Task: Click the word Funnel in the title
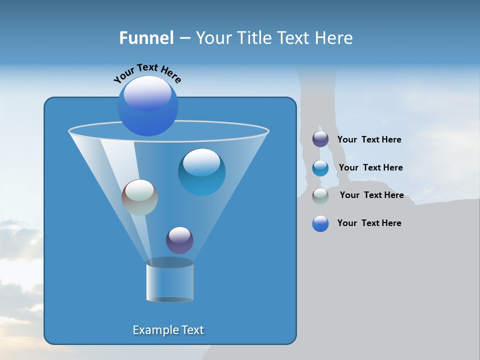[146, 38]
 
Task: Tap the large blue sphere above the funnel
[147, 106]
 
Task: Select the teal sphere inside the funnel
[201, 172]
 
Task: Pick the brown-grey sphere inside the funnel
[139, 197]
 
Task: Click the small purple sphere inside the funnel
[179, 240]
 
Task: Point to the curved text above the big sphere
[147, 72]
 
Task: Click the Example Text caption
[168, 330]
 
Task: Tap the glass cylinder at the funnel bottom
[170, 281]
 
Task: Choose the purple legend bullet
[320, 139]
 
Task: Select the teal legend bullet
[320, 168]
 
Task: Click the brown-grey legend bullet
[320, 196]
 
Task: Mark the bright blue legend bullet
[320, 223]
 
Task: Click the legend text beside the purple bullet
[369, 140]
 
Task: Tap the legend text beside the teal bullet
[370, 168]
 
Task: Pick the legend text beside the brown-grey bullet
[371, 195]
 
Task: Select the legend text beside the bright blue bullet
[369, 223]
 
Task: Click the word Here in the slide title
[333, 38]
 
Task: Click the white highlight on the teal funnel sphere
[201, 162]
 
